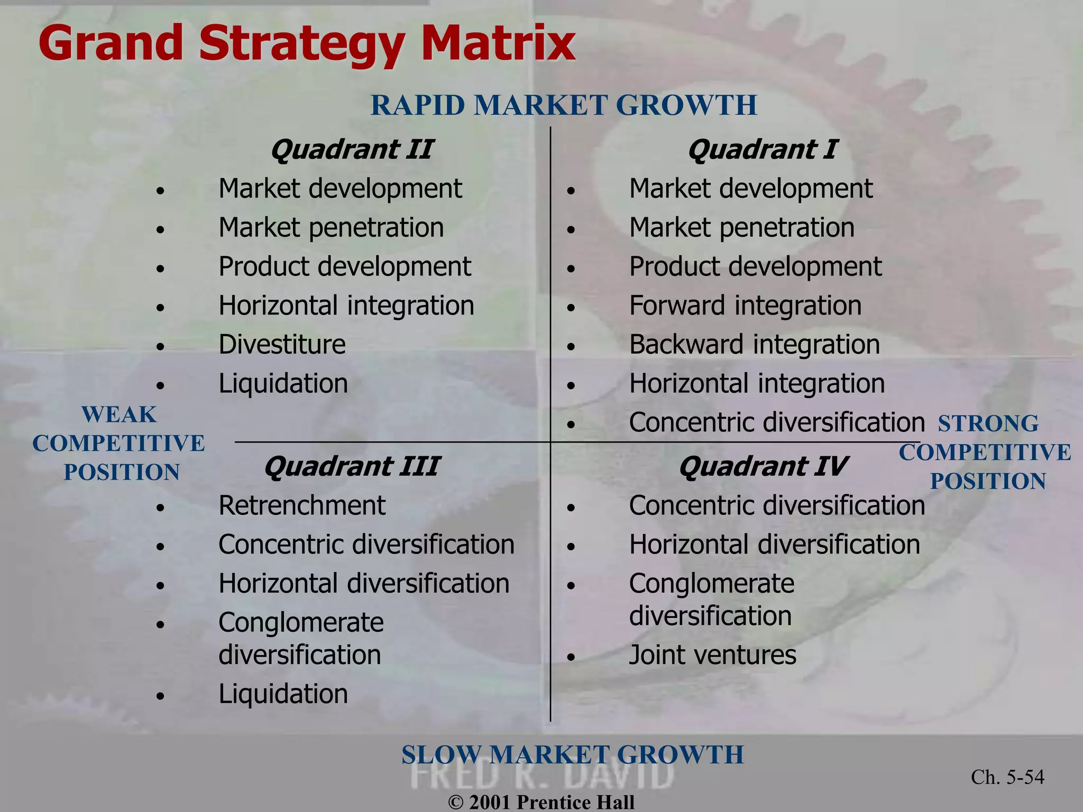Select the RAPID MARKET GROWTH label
coord(564,105)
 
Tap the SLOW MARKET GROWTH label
coord(572,754)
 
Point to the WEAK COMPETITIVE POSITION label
coord(119,444)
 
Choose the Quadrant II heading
coord(352,150)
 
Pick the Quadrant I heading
coord(762,150)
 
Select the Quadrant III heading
coord(352,467)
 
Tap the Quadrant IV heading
coord(762,467)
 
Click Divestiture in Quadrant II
coord(282,345)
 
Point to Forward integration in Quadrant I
coord(745,306)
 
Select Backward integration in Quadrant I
coord(754,345)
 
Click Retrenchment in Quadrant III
coord(302,505)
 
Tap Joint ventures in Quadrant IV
coord(712,655)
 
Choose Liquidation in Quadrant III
coord(283,694)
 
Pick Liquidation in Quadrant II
coord(283,384)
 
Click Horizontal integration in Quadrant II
coord(346,306)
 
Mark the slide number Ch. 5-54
coord(1007,777)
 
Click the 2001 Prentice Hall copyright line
coord(541,802)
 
